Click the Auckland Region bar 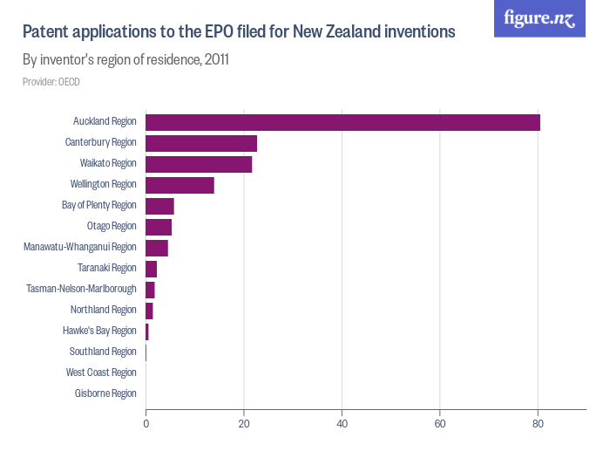tap(342, 122)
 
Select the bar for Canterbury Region tap(201, 143)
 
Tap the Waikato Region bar tap(199, 164)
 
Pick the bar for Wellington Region tap(180, 185)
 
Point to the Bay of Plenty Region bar tap(159, 206)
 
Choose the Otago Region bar tap(159, 227)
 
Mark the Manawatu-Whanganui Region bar tap(157, 248)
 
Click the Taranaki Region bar tap(151, 269)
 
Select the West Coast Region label tap(101, 373)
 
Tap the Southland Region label tap(103, 352)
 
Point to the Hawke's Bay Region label tap(99, 331)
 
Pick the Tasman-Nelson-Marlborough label tap(82, 289)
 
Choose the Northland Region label tap(104, 310)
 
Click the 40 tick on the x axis tap(342, 425)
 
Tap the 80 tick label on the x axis tap(539, 425)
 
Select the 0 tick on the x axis tap(146, 425)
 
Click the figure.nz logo tap(539, 18)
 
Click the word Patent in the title tap(45, 32)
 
